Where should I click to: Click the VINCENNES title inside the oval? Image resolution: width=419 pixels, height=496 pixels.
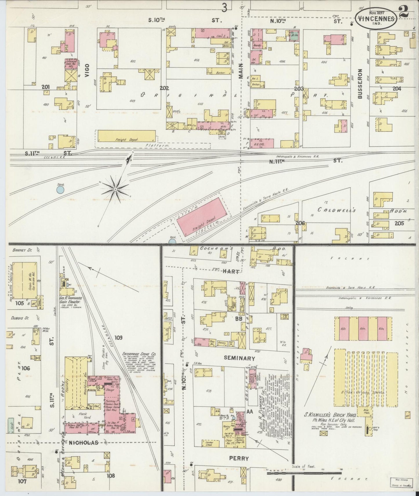(376, 19)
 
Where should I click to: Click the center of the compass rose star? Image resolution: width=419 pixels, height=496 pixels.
(115, 189)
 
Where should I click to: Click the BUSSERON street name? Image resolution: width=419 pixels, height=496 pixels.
(360, 84)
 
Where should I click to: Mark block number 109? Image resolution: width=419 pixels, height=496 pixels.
(118, 337)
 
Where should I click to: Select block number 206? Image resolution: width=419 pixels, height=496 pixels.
(300, 223)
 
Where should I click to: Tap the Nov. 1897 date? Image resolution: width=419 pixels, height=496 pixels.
(376, 13)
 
